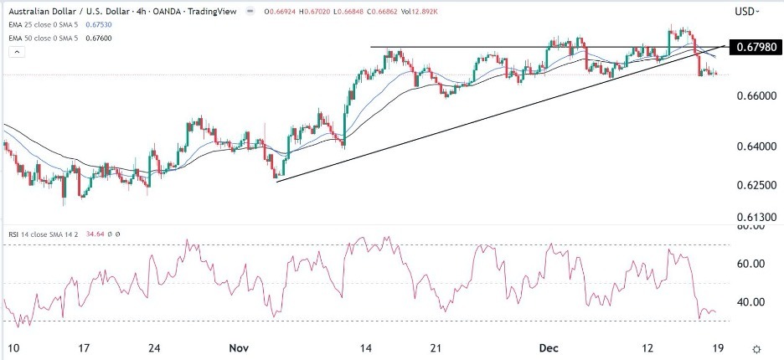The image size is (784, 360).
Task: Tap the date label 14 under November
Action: click(x=365, y=348)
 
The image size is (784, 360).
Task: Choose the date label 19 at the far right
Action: click(x=718, y=348)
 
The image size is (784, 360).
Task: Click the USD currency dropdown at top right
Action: click(x=746, y=11)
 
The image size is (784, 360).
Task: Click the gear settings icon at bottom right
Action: click(x=756, y=348)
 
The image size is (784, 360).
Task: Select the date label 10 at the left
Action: click(x=12, y=348)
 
